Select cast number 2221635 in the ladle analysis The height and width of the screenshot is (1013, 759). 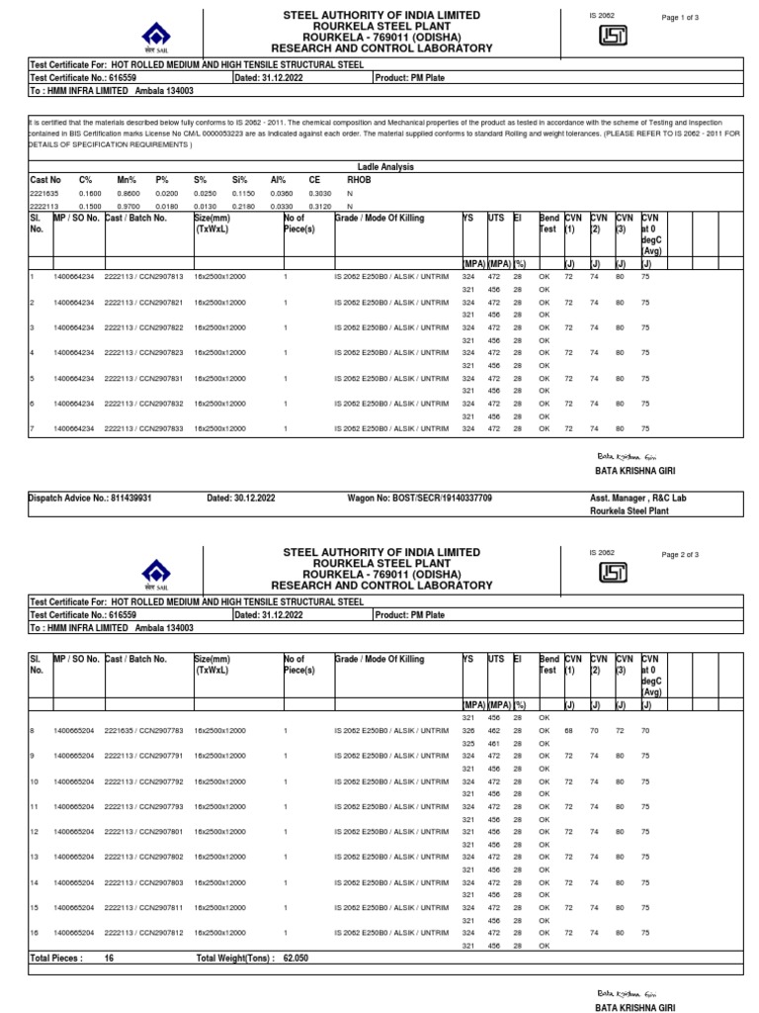point(44,195)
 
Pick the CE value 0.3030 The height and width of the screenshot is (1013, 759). point(319,195)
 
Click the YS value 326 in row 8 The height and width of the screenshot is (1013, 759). point(468,731)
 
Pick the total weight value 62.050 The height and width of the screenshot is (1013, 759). point(296,959)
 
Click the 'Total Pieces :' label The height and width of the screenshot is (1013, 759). point(56,959)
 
